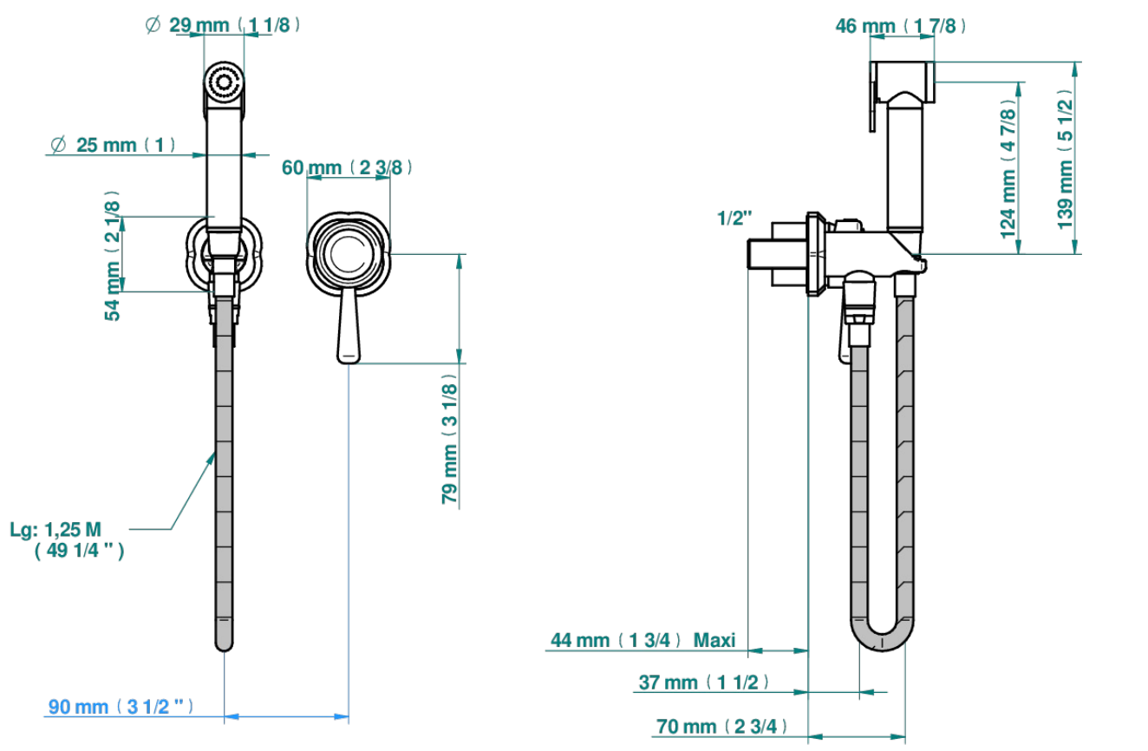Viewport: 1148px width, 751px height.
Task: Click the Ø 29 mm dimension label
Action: coord(223,24)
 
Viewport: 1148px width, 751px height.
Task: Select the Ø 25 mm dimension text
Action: coord(114,145)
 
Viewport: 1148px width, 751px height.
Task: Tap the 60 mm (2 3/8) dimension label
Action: coord(347,167)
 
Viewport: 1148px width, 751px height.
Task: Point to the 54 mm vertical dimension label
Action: coord(112,255)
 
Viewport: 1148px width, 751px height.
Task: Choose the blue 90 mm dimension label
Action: coord(121,707)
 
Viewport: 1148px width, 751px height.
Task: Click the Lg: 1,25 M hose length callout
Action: coord(67,539)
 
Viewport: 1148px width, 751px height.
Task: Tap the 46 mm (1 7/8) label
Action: coord(901,26)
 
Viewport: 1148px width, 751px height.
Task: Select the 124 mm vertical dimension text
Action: coord(1008,167)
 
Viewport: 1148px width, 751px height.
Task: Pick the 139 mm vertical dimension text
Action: coord(1066,159)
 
